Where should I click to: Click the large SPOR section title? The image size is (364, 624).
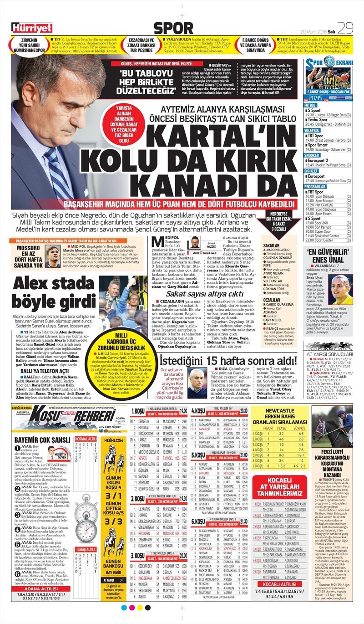click(180, 28)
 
